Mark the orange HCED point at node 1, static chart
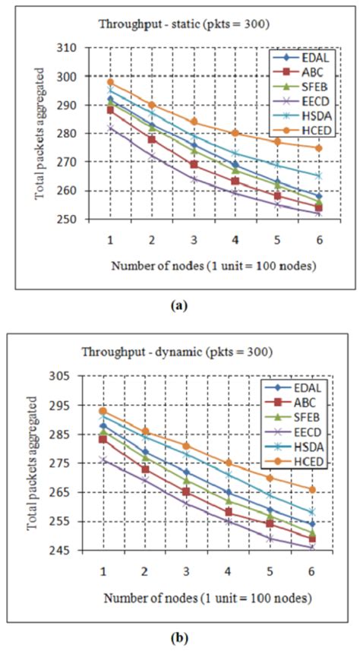click(x=110, y=82)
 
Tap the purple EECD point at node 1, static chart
click(x=110, y=128)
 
